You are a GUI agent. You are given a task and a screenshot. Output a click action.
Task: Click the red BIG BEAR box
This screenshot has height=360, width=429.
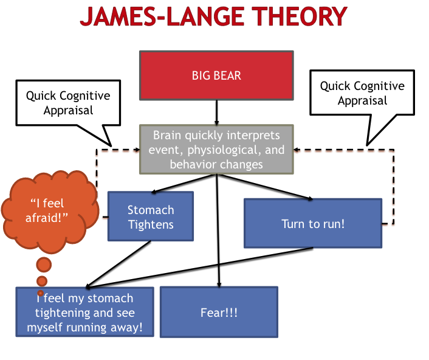217,76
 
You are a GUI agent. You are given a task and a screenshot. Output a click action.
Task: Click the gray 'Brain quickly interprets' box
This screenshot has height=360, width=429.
217,150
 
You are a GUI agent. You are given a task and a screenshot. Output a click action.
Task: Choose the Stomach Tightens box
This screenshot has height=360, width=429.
151,216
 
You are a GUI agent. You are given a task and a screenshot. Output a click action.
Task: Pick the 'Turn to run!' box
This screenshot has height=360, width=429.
313,223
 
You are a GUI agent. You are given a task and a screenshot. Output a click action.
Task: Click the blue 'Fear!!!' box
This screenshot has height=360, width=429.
219,313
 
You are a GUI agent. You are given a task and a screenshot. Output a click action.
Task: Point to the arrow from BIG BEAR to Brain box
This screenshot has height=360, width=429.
217,112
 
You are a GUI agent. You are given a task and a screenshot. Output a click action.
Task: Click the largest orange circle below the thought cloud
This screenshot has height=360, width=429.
44,265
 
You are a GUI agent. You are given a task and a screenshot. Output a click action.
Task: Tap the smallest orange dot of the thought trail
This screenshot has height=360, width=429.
41,293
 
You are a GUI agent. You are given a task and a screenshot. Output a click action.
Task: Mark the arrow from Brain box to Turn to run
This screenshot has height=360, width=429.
264,187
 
